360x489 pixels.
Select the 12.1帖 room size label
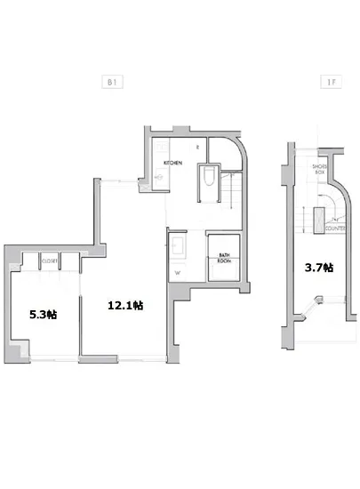(126, 305)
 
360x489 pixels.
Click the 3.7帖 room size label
(319, 267)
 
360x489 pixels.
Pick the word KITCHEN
(173, 164)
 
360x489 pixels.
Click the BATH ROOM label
(224, 260)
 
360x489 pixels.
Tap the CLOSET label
(48, 261)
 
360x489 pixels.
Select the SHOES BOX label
(321, 170)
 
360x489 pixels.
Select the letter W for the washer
(178, 272)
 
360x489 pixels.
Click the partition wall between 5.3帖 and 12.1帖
(80, 311)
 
